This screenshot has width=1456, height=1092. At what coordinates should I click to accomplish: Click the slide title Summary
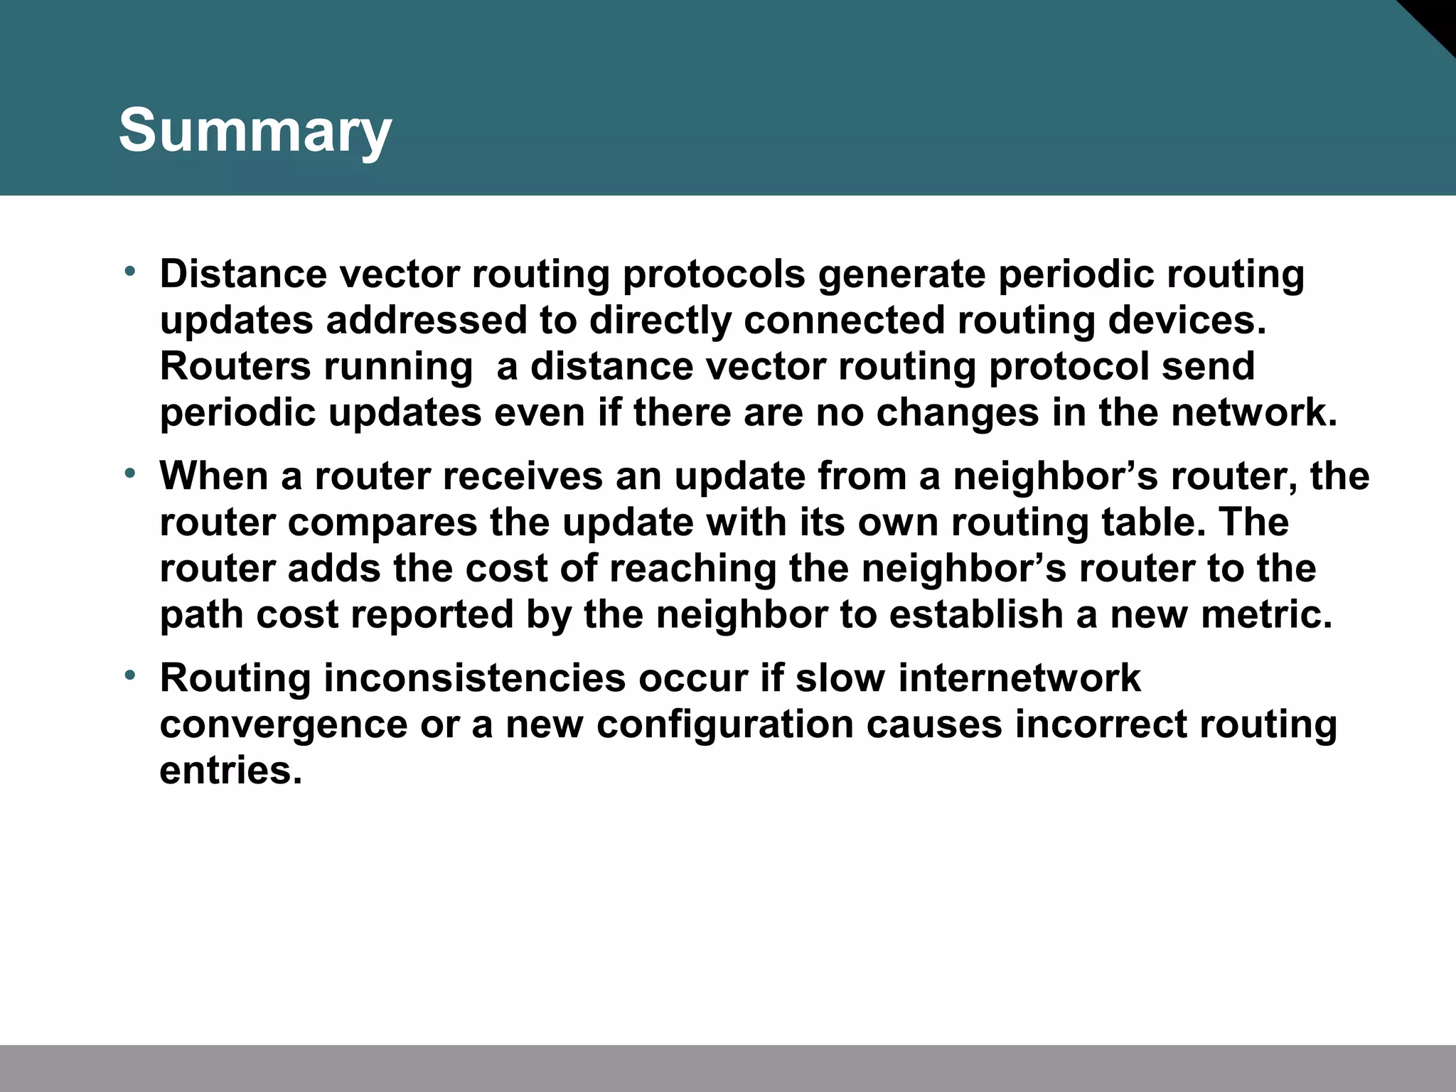[x=255, y=131]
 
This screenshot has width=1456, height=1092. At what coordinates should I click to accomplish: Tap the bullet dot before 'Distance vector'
[x=129, y=271]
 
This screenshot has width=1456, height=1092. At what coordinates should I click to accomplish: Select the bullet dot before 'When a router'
[x=129, y=473]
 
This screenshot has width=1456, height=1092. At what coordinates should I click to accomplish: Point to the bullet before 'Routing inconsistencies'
[x=129, y=675]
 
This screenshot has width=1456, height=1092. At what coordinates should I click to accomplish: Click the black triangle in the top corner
[x=1433, y=21]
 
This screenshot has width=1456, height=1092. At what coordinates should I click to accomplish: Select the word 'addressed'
[x=426, y=321]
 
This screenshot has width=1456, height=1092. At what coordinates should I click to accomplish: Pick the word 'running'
[x=398, y=368]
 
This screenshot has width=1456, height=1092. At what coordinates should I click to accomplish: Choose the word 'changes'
[x=957, y=413]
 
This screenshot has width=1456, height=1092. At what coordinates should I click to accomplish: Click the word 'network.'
[x=1254, y=413]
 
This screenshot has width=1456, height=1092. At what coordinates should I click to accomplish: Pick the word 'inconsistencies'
[x=475, y=678]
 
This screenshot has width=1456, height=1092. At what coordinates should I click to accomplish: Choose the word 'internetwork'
[x=1019, y=678]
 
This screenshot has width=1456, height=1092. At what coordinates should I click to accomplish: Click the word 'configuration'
[x=724, y=725]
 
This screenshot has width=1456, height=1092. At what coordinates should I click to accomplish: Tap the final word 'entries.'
[x=231, y=771]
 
